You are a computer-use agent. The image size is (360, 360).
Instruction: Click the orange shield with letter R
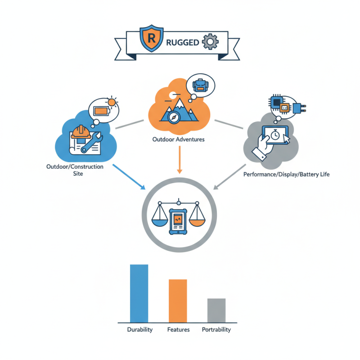tap(152, 38)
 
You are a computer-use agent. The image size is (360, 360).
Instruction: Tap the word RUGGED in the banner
tap(183, 42)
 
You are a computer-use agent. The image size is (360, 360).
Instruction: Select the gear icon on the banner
tap(210, 41)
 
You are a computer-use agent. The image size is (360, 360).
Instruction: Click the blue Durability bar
tap(139, 293)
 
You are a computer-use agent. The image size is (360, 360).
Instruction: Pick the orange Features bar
tap(178, 301)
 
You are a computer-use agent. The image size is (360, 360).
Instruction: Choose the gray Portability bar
tap(216, 310)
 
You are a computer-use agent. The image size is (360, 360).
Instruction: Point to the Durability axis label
tap(140, 330)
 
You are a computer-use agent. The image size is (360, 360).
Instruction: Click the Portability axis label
tap(216, 330)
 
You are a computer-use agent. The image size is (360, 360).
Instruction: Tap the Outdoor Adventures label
tap(178, 139)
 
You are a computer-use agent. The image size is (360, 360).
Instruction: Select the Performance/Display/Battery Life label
tap(286, 175)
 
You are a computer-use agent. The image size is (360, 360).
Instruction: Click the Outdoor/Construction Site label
tap(75, 170)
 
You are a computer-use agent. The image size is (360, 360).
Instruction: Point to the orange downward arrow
tap(180, 160)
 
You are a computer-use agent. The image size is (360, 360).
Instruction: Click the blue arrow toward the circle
tap(129, 177)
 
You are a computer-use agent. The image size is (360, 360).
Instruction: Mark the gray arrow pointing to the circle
tap(229, 177)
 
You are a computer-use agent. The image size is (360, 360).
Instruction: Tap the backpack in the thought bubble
tap(200, 85)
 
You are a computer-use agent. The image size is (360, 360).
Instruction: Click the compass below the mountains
tap(173, 117)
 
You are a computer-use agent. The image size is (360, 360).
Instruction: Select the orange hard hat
tap(81, 132)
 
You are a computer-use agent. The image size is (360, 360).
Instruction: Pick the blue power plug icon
tap(299, 108)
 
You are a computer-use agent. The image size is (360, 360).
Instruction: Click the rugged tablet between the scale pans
tap(178, 221)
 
